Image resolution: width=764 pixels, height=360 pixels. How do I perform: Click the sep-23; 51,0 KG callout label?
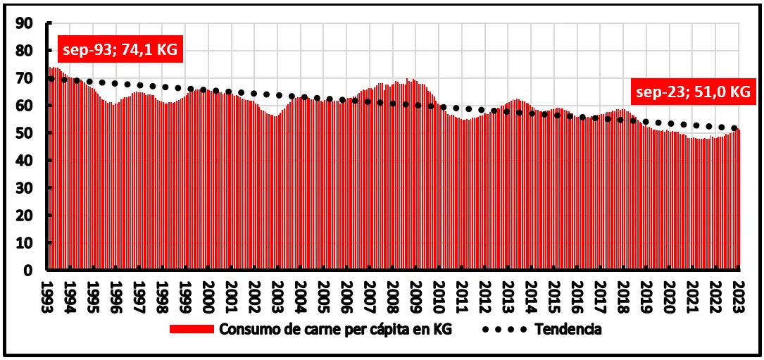point(691,92)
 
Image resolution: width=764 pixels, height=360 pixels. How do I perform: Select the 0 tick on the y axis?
point(29,270)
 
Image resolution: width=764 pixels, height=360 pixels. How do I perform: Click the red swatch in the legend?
point(192,330)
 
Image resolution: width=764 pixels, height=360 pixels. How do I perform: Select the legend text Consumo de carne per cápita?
point(334,330)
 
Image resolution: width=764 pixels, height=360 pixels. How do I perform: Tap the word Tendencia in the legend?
point(568,330)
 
